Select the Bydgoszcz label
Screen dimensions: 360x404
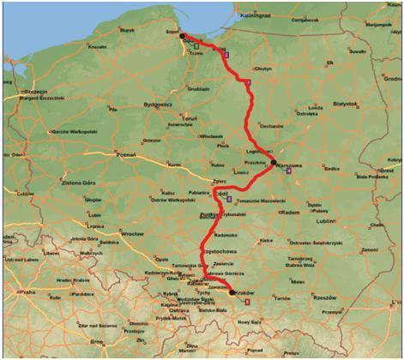160,105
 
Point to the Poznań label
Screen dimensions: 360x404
126,155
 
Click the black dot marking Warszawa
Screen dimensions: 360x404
273,161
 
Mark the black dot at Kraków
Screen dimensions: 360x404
232,292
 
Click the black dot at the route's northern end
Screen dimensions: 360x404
183,38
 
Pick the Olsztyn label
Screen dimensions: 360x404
262,69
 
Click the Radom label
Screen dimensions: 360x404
292,212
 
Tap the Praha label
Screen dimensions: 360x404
29,292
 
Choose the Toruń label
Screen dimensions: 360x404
190,118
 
